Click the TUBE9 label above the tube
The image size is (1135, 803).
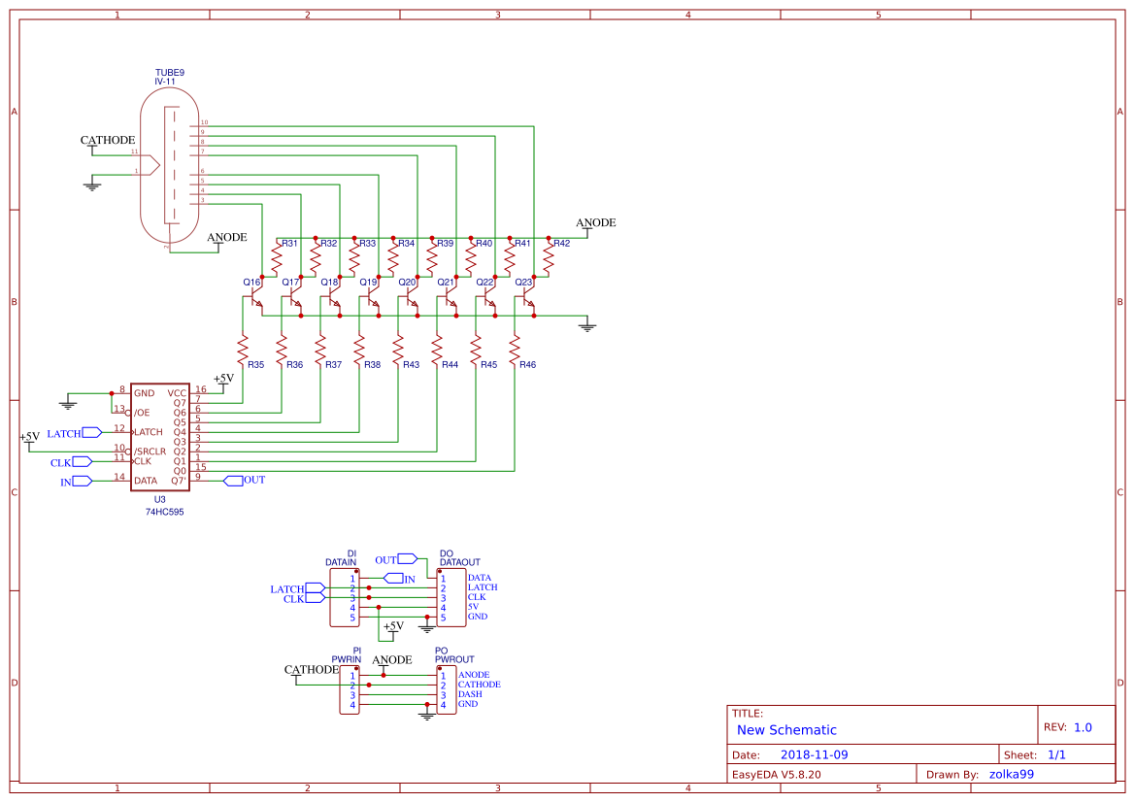tap(169, 73)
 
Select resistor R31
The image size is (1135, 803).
tap(277, 259)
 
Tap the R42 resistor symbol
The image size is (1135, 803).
tap(549, 259)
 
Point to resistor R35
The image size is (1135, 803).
tap(243, 349)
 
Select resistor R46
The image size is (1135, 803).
tap(515, 349)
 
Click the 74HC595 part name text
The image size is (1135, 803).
tap(164, 511)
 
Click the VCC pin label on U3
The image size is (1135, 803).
tap(177, 393)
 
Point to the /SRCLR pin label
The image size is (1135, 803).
tap(150, 452)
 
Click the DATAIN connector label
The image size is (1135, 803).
tap(340, 562)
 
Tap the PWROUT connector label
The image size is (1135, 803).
tap(453, 659)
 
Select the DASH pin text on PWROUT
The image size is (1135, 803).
tap(470, 694)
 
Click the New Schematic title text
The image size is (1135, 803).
tap(786, 730)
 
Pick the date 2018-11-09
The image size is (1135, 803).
tap(815, 754)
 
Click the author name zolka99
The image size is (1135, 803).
tap(1012, 774)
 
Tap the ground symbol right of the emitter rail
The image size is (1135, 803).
tap(585, 326)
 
